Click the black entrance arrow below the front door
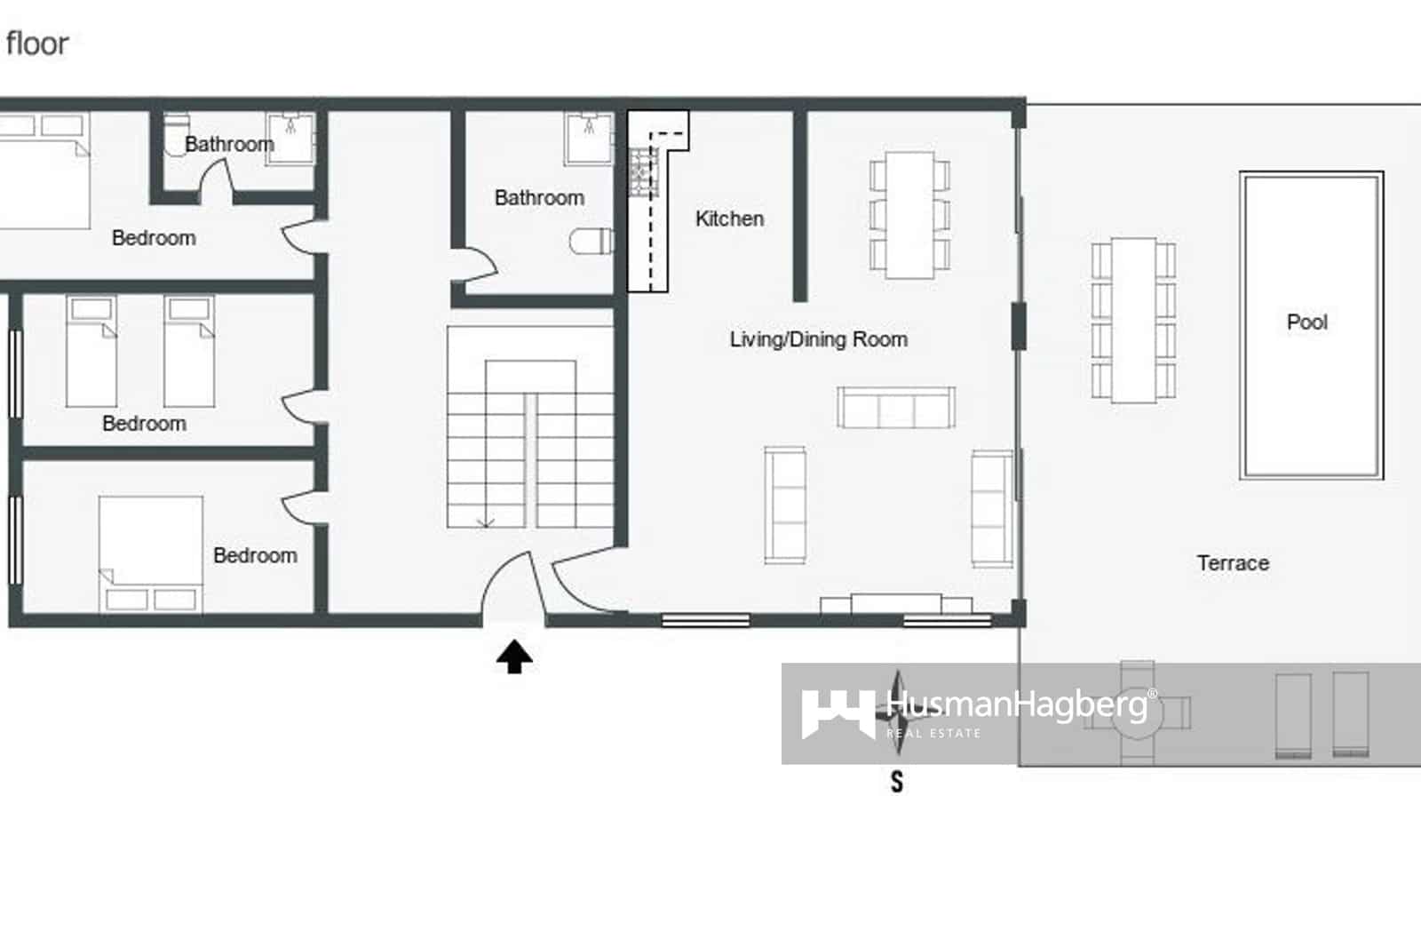[514, 657]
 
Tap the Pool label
[1306, 322]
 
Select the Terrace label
[1233, 563]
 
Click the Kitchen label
[729, 219]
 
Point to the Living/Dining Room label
[818, 339]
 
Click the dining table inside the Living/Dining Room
[910, 214]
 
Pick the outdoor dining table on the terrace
[1133, 320]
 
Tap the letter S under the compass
[897, 782]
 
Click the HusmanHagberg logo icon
[836, 713]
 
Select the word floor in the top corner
[36, 44]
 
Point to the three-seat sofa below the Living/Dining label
[896, 408]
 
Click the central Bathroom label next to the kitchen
[539, 197]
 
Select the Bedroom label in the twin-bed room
[144, 423]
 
